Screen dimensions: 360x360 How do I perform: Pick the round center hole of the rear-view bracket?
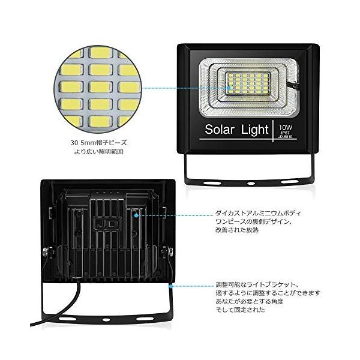pos(107,316)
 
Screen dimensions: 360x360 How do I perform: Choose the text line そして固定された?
pos(240,310)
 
